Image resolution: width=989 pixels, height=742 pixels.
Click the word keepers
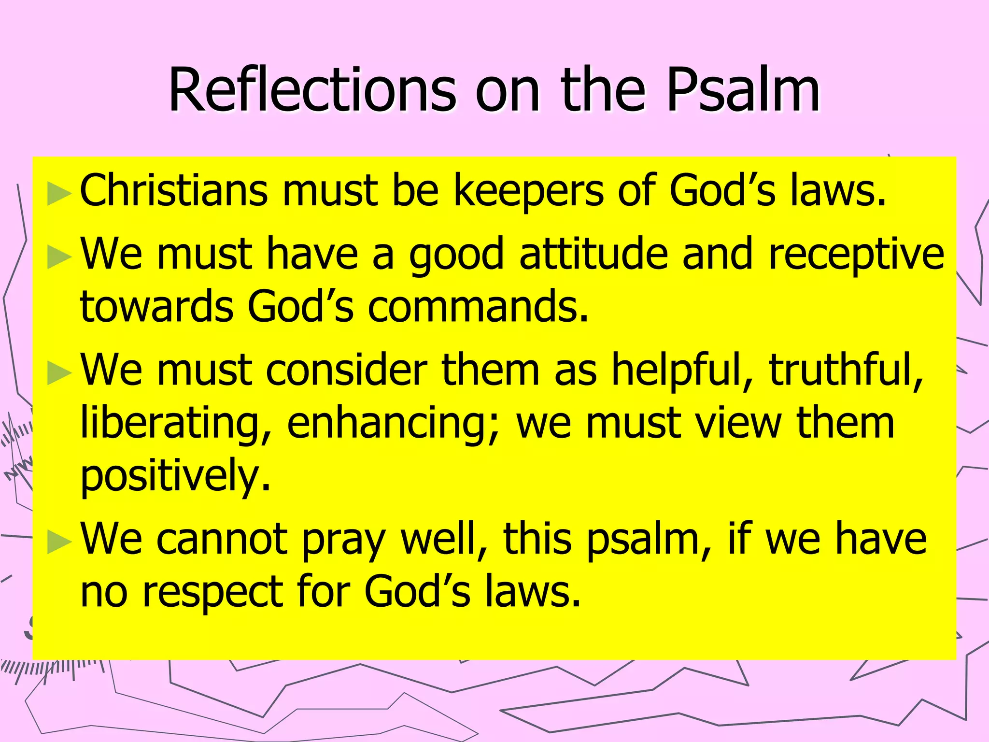pyautogui.click(x=528, y=191)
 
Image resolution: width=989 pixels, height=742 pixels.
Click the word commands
pyautogui.click(x=478, y=307)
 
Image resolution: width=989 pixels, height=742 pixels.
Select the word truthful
pyautogui.click(x=846, y=370)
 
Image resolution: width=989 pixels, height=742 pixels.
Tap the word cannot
pyautogui.click(x=222, y=539)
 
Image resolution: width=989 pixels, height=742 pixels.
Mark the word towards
pyautogui.click(x=157, y=307)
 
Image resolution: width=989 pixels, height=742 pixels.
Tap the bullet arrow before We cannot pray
pyautogui.click(x=59, y=542)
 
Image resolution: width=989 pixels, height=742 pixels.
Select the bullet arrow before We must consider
pyautogui.click(x=59, y=373)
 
